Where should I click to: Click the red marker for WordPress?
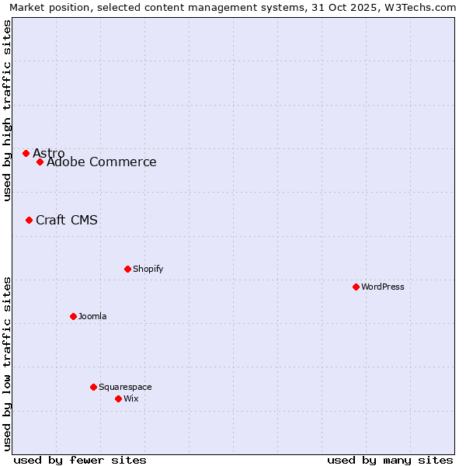click(356, 287)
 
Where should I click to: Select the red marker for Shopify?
click(127, 269)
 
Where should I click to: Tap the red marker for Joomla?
click(73, 316)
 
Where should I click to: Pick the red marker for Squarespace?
click(93, 387)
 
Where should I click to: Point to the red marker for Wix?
click(118, 398)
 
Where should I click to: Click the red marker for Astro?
click(26, 153)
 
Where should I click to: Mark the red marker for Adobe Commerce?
click(40, 162)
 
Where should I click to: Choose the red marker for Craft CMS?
click(29, 220)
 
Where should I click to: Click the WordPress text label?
click(383, 287)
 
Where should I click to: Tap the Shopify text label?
click(148, 269)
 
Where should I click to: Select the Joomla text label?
click(92, 316)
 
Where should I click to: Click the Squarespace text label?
click(125, 387)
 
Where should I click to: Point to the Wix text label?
click(131, 398)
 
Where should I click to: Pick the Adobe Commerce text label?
click(102, 162)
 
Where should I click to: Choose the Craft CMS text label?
click(67, 220)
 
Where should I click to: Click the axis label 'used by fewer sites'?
click(80, 460)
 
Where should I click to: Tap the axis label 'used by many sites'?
click(390, 460)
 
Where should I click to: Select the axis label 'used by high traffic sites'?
click(7, 110)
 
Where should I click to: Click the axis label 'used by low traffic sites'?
click(7, 363)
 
